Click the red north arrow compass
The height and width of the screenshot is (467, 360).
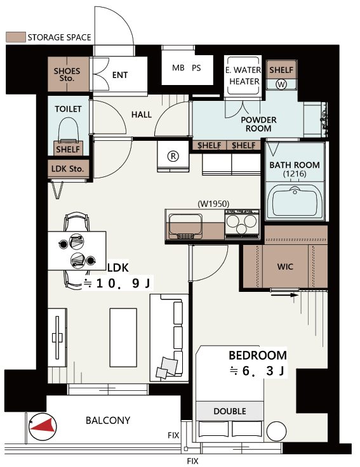point(43,427)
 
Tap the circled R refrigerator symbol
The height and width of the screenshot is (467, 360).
point(173,156)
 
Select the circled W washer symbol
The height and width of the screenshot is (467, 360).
point(281,84)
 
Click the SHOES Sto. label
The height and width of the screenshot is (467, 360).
point(67,74)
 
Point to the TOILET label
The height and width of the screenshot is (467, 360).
point(68,109)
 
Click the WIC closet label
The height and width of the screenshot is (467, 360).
point(285,266)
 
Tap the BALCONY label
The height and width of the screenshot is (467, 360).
point(108,420)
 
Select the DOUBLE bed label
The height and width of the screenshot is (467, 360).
point(230,411)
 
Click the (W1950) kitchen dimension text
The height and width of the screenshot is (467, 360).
point(214,204)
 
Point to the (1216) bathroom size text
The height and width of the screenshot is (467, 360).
point(295,174)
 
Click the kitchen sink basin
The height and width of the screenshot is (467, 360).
point(185,227)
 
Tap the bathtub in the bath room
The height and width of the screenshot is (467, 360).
point(295,201)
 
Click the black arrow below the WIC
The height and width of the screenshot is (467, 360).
point(284,295)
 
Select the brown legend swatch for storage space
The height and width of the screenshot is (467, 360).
point(15,37)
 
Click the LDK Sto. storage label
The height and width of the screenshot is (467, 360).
point(67,169)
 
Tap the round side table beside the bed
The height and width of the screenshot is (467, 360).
point(276,431)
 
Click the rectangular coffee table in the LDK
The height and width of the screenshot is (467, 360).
point(123,338)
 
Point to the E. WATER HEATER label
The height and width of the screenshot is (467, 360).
point(243,76)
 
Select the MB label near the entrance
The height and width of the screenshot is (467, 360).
point(178,68)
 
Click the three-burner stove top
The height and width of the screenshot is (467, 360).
point(242,224)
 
